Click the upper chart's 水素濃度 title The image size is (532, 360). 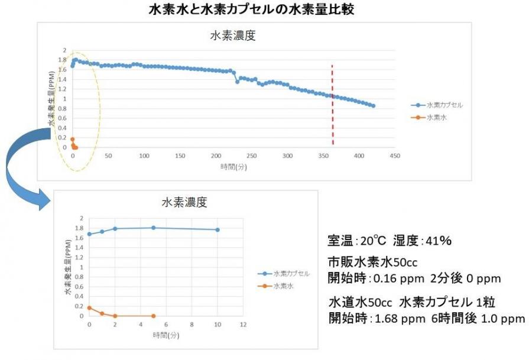coord(233,35)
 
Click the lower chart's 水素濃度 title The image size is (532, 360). coord(184,202)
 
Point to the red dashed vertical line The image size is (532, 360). coord(332,106)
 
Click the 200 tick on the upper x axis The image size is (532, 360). coord(216,156)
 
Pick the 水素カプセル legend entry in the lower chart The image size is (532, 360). coord(291,274)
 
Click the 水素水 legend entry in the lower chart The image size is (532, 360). coord(283,286)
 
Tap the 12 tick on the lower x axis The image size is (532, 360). coord(243,325)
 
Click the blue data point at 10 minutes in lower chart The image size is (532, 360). coord(218,229)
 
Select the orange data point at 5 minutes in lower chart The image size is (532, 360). coord(153,316)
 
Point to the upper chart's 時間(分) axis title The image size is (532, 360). coord(233,167)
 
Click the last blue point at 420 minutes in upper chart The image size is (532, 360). coord(374,106)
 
